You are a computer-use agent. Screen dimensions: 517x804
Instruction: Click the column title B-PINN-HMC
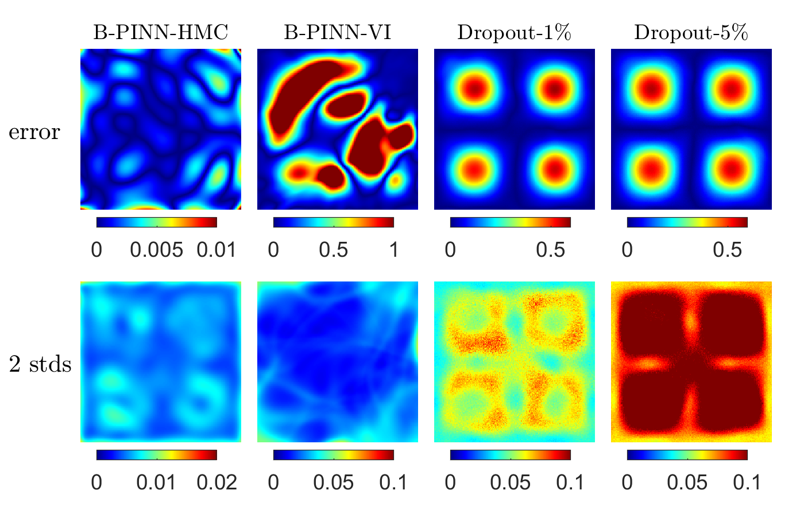161,33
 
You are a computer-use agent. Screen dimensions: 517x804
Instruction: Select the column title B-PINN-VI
338,33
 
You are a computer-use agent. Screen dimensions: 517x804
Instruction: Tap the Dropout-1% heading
514,33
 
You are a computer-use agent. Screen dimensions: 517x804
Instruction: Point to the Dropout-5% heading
691,33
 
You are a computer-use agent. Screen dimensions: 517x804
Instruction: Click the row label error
34,132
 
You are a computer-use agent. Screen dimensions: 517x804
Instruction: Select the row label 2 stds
40,364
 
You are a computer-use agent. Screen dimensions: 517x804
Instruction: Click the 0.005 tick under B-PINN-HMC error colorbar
156,250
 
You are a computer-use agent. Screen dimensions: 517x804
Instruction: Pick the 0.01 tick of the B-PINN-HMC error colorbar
217,250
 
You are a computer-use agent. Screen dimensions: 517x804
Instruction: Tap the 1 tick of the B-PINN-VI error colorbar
393,250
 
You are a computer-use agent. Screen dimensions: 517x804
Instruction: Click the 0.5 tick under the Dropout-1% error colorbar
551,250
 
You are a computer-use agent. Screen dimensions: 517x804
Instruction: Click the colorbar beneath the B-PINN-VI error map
333,222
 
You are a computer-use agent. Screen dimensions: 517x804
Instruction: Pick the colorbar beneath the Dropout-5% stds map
687,455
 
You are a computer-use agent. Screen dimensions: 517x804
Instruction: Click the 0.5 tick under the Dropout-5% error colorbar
728,250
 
